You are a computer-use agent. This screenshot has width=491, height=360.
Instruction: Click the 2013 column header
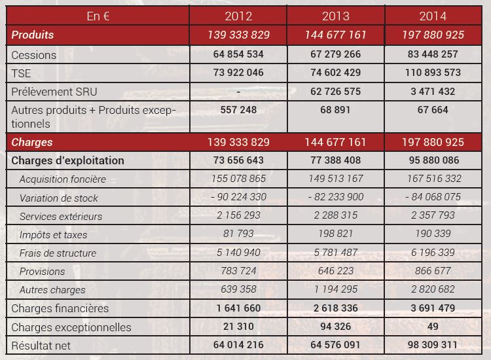click(x=335, y=16)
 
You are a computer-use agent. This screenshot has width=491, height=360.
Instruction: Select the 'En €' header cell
click(x=98, y=16)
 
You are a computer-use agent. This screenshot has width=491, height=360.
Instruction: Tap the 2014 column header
click(x=433, y=16)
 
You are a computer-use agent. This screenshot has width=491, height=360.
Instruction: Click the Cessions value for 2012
click(x=238, y=54)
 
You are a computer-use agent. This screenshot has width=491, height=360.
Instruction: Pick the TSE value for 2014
click(x=433, y=73)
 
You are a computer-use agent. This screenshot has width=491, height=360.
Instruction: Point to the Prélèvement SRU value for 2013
click(x=335, y=91)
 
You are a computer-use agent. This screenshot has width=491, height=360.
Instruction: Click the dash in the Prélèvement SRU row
click(x=238, y=91)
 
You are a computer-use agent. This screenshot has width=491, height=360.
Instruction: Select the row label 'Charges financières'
click(x=60, y=308)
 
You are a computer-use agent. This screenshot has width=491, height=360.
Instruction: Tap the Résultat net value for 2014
click(x=433, y=345)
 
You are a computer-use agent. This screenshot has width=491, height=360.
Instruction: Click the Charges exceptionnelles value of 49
click(x=433, y=327)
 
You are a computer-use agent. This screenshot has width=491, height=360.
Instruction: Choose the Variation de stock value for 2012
click(x=238, y=197)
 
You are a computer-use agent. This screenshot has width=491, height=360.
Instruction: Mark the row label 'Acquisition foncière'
click(x=63, y=179)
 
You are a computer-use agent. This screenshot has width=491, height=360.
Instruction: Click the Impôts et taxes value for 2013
click(x=335, y=234)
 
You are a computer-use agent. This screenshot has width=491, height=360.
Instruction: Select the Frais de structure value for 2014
click(x=433, y=253)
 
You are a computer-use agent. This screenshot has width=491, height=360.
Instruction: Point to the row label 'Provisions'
click(x=43, y=271)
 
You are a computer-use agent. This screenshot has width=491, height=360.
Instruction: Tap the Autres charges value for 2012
click(x=238, y=289)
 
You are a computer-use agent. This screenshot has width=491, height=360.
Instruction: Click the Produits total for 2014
click(x=433, y=34)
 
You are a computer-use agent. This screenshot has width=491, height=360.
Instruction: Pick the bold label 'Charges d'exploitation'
click(x=67, y=160)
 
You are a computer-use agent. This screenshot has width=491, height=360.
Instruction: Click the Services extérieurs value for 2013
click(x=335, y=216)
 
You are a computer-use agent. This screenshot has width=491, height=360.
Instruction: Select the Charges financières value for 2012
click(x=238, y=308)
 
